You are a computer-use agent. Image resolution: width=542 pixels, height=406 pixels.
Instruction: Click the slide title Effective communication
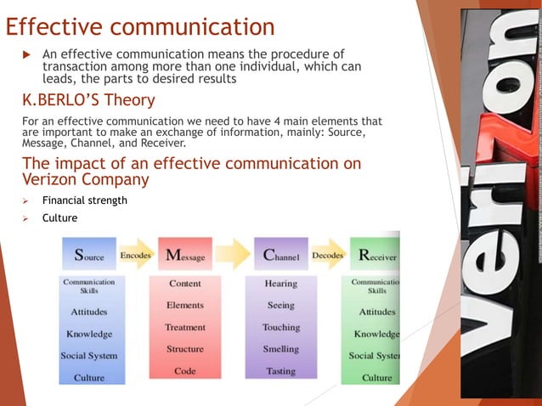(x=140, y=26)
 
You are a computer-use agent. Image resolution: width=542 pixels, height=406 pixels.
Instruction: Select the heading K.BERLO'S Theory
(x=88, y=101)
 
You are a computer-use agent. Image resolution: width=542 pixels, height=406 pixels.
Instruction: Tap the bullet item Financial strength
(x=85, y=200)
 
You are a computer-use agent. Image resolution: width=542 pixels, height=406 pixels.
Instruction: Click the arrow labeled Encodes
(x=137, y=254)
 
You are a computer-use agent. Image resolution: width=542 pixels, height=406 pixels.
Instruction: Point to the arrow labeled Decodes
(x=328, y=254)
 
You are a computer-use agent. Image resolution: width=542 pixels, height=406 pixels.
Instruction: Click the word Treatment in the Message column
(x=185, y=327)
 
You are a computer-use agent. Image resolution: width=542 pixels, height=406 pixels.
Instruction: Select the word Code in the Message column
(x=185, y=371)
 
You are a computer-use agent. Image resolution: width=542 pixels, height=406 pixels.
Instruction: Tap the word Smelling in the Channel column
(x=280, y=349)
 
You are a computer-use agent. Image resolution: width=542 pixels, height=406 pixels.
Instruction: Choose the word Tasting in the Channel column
(x=280, y=371)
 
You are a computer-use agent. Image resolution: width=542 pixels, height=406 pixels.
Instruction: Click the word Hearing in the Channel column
(x=280, y=284)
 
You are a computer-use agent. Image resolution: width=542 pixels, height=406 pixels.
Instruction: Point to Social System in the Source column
(x=89, y=355)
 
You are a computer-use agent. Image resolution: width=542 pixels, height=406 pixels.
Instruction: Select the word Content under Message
(x=185, y=284)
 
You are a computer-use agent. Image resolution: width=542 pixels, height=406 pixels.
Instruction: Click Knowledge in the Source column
(x=89, y=334)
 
